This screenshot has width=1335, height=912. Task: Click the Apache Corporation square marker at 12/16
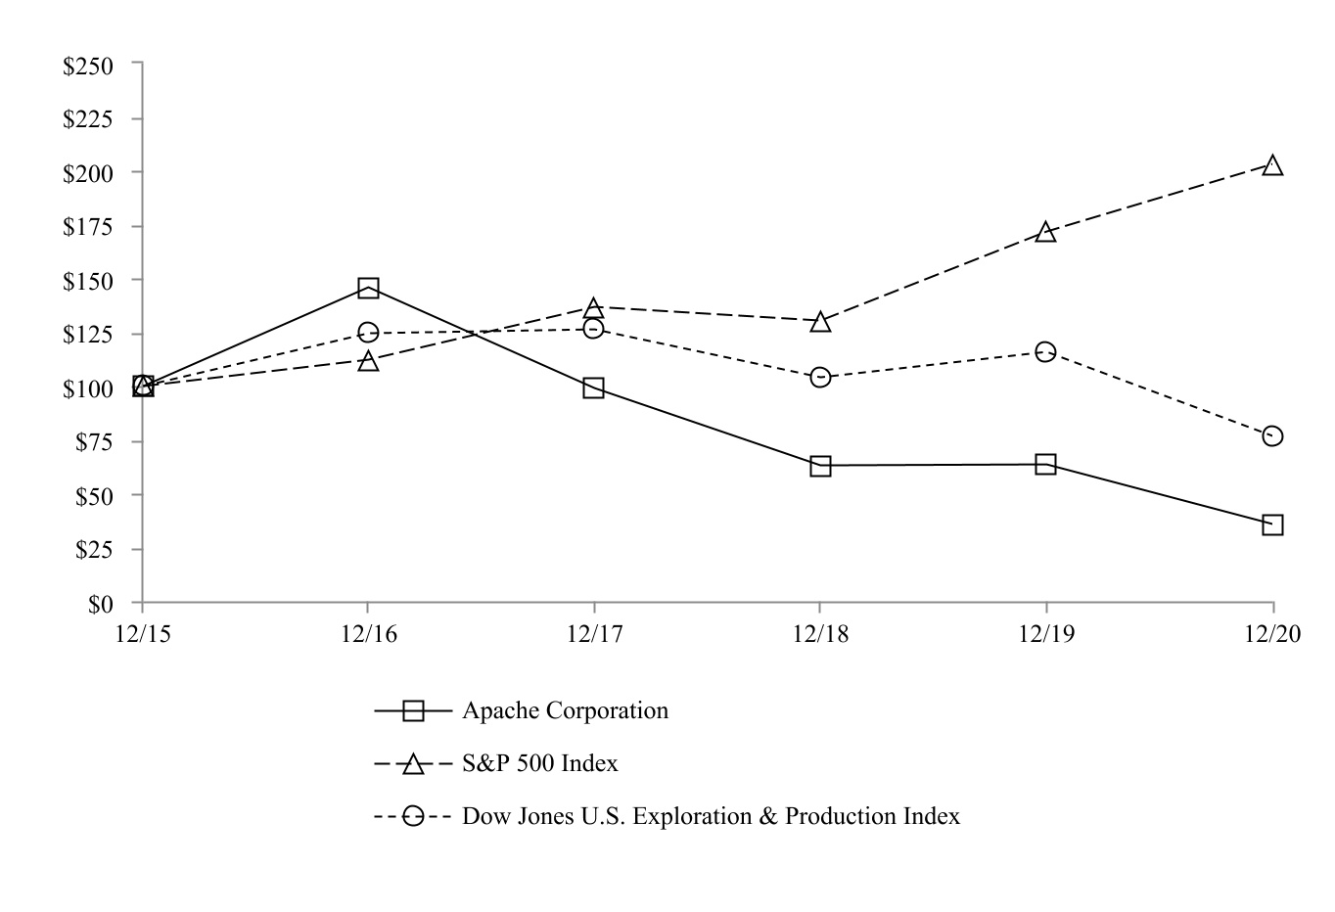(x=368, y=288)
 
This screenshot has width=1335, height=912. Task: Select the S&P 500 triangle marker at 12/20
(x=1272, y=165)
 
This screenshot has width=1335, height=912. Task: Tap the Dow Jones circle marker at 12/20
(x=1272, y=435)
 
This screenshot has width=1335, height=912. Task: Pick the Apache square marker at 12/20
(x=1272, y=524)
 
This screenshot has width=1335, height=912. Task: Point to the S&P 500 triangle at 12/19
(x=1045, y=232)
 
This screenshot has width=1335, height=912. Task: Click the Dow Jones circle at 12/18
(x=820, y=377)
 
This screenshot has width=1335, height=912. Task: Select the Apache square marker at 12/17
(x=593, y=388)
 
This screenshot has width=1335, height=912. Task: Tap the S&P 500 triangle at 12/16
(x=368, y=361)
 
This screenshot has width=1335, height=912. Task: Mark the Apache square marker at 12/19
(x=1045, y=464)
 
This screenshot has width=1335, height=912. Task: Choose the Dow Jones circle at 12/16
(x=368, y=333)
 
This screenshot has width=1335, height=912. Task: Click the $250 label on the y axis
(x=88, y=66)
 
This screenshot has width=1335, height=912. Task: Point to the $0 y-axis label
(x=101, y=604)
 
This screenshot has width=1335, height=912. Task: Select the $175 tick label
(x=88, y=227)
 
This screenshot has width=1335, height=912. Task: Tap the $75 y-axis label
(x=94, y=442)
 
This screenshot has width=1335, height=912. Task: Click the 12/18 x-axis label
(x=820, y=634)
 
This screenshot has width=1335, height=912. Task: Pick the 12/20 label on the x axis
(x=1272, y=634)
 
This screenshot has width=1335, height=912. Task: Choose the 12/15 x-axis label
(x=143, y=634)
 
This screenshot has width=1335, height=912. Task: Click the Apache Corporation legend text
(x=565, y=710)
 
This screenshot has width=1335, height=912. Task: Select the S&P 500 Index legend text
(x=539, y=763)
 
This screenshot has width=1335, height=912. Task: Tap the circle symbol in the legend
(x=414, y=815)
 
